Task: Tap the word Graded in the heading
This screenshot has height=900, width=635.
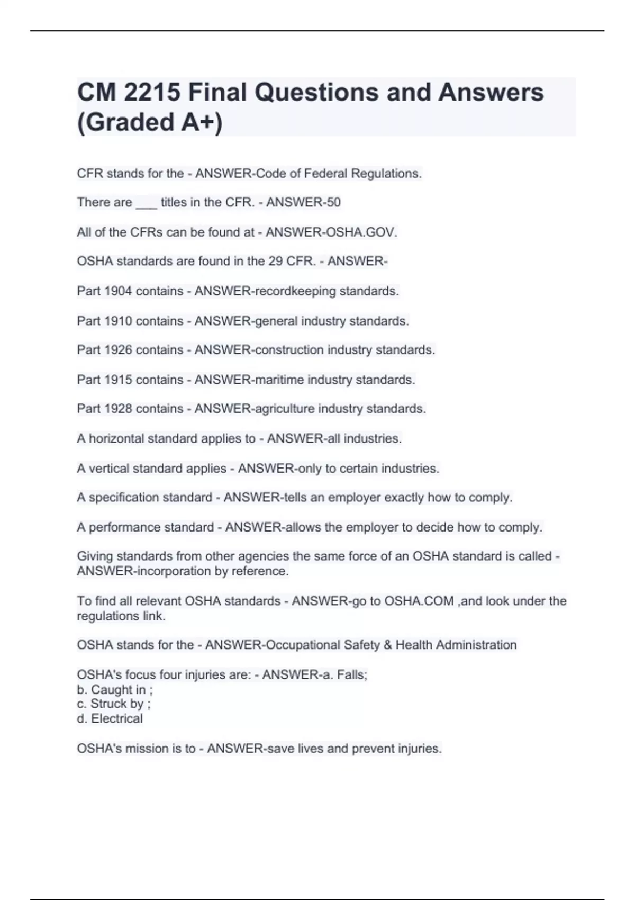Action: (130, 122)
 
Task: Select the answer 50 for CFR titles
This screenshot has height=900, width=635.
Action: (333, 202)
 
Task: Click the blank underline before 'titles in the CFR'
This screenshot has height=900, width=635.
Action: (146, 203)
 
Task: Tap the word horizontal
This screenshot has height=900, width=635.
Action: (116, 439)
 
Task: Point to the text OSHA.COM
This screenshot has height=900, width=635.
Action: (419, 601)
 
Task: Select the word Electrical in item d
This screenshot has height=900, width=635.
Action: (117, 719)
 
